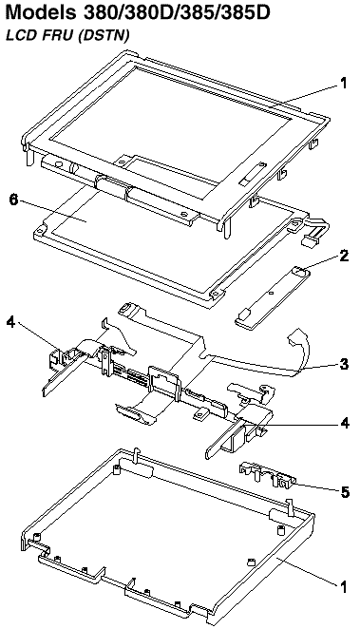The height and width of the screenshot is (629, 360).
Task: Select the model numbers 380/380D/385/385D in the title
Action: pyautogui.click(x=177, y=13)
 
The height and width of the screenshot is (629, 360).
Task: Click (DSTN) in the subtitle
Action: pyautogui.click(x=104, y=36)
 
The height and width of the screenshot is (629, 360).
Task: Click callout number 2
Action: pyautogui.click(x=344, y=256)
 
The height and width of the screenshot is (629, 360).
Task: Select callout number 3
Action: pyautogui.click(x=344, y=364)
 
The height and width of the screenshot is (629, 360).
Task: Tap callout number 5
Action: pyautogui.click(x=345, y=492)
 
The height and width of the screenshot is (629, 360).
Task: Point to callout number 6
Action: pyautogui.click(x=14, y=200)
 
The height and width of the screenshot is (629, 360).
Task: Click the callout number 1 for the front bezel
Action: pyautogui.click(x=344, y=83)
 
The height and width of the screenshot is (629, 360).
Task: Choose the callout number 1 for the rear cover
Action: pyautogui.click(x=343, y=587)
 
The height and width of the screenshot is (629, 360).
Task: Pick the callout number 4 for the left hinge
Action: pyautogui.click(x=11, y=322)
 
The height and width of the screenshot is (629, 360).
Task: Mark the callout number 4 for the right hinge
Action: pyautogui.click(x=345, y=423)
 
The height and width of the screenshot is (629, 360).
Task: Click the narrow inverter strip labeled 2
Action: pyautogui.click(x=272, y=297)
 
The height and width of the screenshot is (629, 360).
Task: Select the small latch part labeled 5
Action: pyautogui.click(x=268, y=474)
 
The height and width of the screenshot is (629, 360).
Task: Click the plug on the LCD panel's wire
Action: pyautogui.click(x=309, y=241)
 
